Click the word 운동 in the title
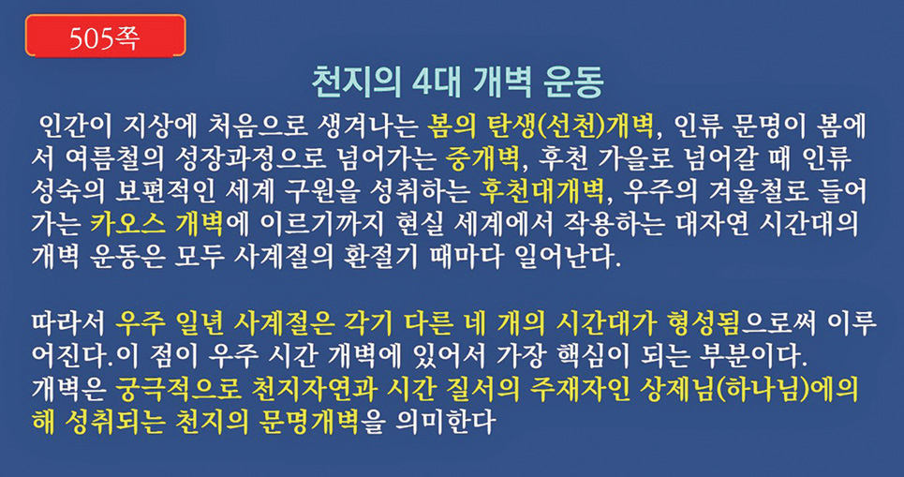(573, 84)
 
